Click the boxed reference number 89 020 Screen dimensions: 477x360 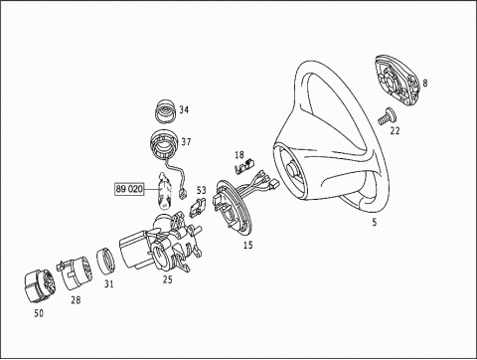pos(129,189)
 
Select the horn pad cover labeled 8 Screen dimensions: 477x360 pos(397,81)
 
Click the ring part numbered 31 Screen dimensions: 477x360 pos(106,261)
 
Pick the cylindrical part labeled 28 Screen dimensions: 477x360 pos(76,272)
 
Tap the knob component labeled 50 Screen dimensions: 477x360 pos(39,286)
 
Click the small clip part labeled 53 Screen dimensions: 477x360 pos(197,207)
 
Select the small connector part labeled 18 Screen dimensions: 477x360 pos(244,166)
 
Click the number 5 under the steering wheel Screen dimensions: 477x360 pos(375,222)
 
